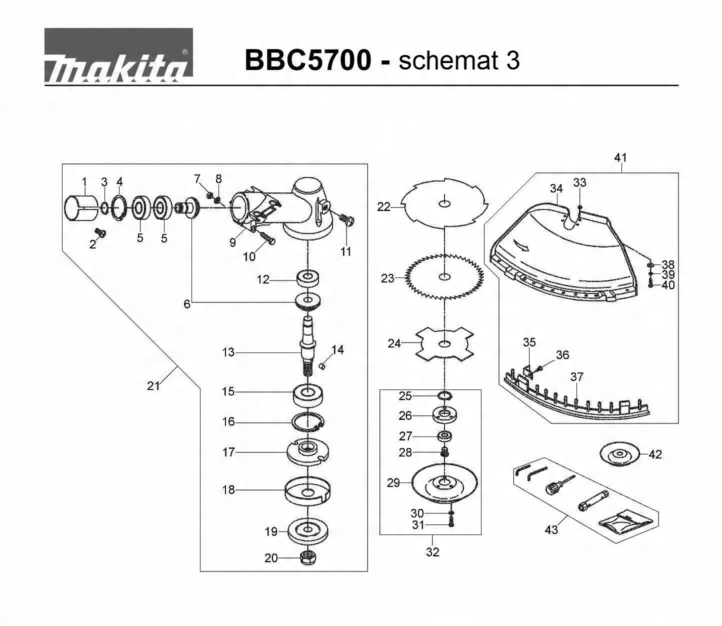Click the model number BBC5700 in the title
point(307,60)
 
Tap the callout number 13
point(228,352)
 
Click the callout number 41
point(620,157)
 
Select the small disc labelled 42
point(620,454)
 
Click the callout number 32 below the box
point(432,551)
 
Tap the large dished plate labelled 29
point(444,483)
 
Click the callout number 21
point(153,385)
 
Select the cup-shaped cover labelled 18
point(308,490)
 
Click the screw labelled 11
point(346,219)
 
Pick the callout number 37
point(576,376)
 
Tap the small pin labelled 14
point(323,366)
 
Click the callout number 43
point(551,529)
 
